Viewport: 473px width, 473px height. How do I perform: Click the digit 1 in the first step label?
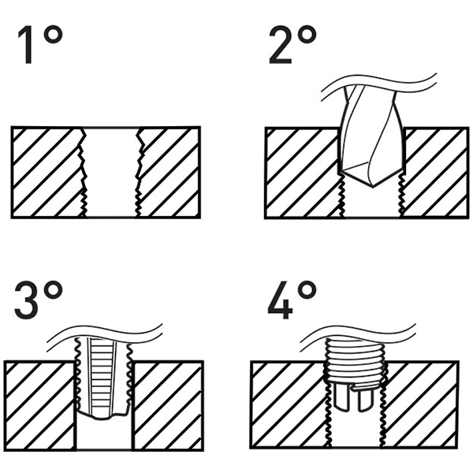tap(29, 49)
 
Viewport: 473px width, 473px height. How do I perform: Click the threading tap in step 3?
tap(103, 378)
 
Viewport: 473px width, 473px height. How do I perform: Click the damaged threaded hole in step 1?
tap(111, 169)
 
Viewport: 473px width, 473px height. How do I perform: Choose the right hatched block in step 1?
tap(169, 169)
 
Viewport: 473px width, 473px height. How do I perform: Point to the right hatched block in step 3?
tap(167, 402)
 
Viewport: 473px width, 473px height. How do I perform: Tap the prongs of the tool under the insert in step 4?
tap(354, 398)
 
